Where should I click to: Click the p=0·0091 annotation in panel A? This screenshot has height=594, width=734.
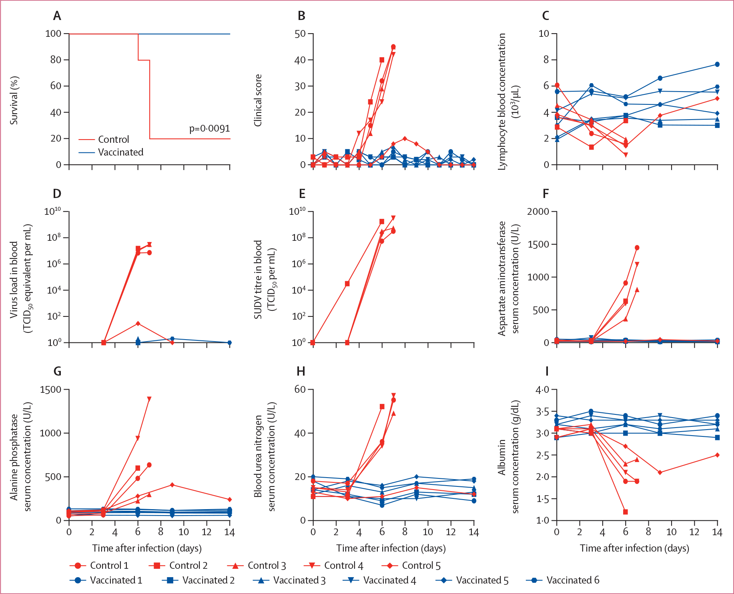point(209,128)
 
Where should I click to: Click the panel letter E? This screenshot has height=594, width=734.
point(302,194)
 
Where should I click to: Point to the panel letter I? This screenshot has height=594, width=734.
point(547,371)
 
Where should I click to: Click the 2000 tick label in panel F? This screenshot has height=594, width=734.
point(537,212)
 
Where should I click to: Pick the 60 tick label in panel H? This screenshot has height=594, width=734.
point(300,390)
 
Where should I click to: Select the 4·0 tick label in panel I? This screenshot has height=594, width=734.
point(542,390)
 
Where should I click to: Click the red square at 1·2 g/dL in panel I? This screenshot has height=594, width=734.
point(626,512)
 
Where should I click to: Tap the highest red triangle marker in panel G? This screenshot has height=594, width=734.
point(149,495)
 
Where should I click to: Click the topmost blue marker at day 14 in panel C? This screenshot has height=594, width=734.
point(717,64)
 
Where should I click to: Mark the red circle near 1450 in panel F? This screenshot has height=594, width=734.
point(637,248)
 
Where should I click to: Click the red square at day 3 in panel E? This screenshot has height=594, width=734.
point(347,284)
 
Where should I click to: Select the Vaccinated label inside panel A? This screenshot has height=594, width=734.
point(120,152)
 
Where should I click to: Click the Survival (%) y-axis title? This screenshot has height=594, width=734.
point(14,100)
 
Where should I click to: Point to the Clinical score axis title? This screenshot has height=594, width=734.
point(258,100)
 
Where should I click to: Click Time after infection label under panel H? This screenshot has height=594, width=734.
point(391,548)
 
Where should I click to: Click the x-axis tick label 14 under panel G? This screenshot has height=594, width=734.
point(229,532)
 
